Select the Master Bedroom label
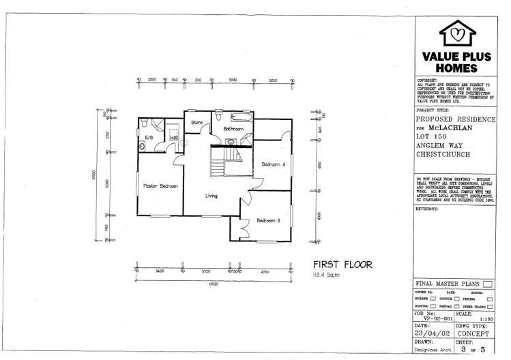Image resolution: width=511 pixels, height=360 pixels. pyautogui.click(x=160, y=185)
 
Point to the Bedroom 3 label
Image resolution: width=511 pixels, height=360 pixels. pyautogui.click(x=268, y=220)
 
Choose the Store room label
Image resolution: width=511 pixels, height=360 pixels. pyautogui.click(x=197, y=123)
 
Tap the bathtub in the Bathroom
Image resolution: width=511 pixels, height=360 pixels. pyautogui.click(x=241, y=115)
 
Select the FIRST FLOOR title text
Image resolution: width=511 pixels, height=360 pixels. pyautogui.click(x=342, y=265)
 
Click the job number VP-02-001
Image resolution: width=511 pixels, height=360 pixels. pyautogui.click(x=432, y=318)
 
